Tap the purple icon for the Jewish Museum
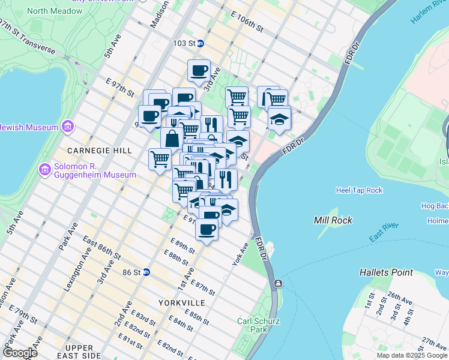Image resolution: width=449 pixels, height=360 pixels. (67, 127)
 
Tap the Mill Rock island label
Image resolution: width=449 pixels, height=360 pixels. (333, 220)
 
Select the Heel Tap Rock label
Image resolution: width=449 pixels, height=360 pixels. (360, 190)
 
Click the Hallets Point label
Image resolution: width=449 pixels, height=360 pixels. (386, 272)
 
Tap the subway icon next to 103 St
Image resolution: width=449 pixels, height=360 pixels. (200, 43)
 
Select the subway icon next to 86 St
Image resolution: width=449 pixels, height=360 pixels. (146, 272)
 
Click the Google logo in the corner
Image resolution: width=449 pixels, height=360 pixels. (19, 353)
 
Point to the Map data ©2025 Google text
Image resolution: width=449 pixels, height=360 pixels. (412, 355)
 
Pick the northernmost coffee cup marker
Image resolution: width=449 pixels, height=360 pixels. (199, 70)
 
